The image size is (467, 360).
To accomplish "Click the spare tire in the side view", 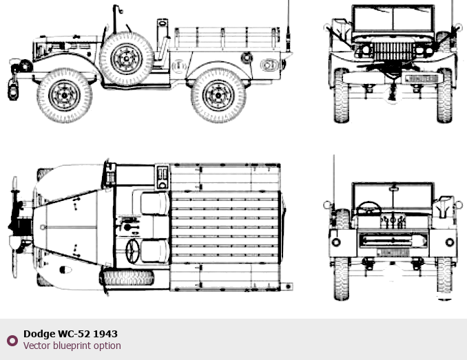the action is click(x=126, y=59).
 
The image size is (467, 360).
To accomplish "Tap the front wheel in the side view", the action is click(x=64, y=95).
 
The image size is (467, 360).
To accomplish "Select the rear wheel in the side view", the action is click(x=218, y=95).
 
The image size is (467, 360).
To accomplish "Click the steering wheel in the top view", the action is click(x=132, y=251).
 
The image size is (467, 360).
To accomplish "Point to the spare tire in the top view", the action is click(x=128, y=278).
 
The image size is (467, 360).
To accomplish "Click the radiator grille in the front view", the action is click(x=393, y=52).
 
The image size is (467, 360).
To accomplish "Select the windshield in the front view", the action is click(x=393, y=19).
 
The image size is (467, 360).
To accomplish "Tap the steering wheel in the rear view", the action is click(x=369, y=208).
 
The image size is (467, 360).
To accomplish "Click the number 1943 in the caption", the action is click(x=105, y=334).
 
